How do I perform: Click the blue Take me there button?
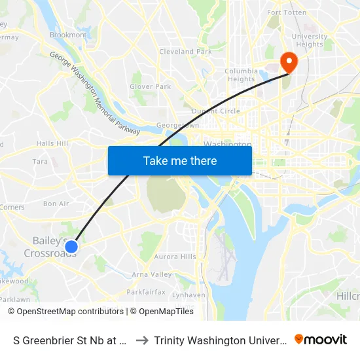180,160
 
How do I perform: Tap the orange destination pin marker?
288,62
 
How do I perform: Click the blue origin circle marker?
72,246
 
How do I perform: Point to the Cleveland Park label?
185,51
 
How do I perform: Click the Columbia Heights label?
241,75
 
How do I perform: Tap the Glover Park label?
150,86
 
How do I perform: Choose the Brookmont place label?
68,35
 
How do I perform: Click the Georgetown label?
177,125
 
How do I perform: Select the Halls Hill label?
52,143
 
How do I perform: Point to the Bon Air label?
56,204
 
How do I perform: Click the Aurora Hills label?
175,257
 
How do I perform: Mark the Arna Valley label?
152,274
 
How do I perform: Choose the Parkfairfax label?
145,291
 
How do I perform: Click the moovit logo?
320,339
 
